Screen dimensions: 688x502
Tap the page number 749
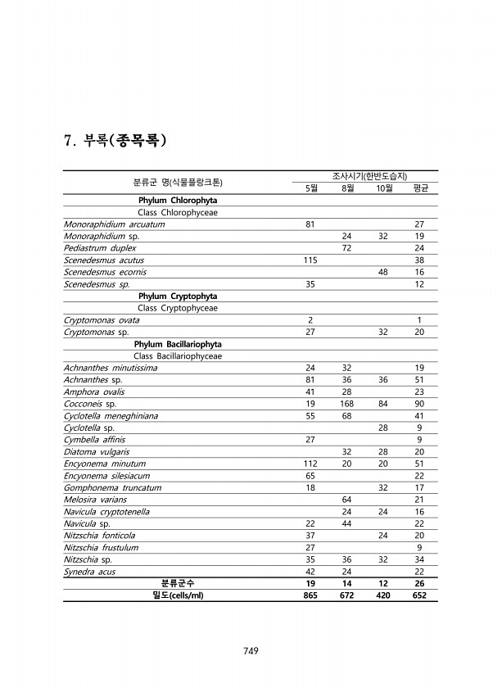tap(251, 651)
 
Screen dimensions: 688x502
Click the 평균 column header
tap(420, 188)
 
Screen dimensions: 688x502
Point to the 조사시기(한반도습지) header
tap(365, 176)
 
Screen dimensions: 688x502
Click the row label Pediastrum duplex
tap(100, 247)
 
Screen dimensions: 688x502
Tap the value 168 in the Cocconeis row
tap(346, 404)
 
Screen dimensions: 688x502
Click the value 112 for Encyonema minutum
tap(310, 464)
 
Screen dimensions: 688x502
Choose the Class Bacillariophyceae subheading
tap(177, 355)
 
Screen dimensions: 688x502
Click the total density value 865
tap(310, 595)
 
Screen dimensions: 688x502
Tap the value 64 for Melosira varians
tap(346, 500)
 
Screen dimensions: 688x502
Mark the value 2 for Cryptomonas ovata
tap(310, 319)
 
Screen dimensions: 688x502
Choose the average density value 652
tap(420, 595)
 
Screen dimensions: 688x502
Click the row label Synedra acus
tap(89, 571)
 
